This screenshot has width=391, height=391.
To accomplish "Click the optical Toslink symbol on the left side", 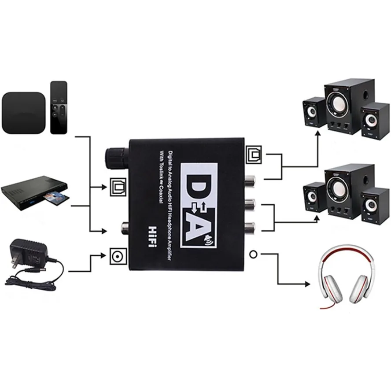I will (118, 187).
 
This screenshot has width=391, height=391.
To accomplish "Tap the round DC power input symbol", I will (118, 257).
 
